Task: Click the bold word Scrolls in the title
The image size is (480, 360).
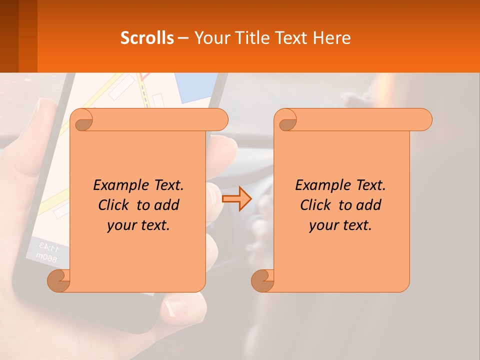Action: (147, 38)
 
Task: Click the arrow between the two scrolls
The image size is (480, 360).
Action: (236, 198)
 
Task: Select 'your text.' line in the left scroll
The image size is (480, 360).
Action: (138, 225)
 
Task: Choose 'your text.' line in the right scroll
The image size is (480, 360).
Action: (340, 225)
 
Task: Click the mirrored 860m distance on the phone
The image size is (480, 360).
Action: (46, 256)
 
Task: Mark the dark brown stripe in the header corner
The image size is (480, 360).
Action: (9, 36)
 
